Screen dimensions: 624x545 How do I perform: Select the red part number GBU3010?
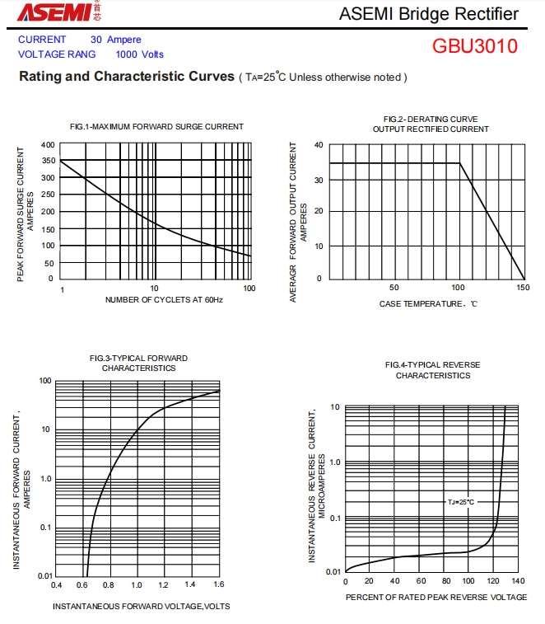[475, 46]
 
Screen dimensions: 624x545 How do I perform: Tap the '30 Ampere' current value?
[115, 40]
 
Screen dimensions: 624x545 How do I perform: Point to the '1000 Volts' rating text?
[139, 54]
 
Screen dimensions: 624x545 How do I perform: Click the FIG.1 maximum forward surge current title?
[156, 126]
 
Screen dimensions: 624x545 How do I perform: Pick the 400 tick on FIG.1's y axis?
[48, 145]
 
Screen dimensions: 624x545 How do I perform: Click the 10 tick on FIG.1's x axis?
[154, 289]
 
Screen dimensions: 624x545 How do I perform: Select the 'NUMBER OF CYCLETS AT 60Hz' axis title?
[164, 300]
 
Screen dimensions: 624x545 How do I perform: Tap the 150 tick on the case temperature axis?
[523, 288]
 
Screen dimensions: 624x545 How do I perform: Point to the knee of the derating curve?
[459, 163]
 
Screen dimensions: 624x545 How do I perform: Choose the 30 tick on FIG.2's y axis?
[318, 180]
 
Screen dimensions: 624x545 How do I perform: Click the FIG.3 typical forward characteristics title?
[138, 363]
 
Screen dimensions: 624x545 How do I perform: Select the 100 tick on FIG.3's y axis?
[45, 381]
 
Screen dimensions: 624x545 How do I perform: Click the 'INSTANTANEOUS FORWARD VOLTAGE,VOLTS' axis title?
[141, 607]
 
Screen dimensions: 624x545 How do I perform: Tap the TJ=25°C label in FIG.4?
[461, 502]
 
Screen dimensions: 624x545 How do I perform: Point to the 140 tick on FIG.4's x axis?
[518, 581]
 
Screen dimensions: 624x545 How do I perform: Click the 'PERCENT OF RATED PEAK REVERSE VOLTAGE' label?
[436, 597]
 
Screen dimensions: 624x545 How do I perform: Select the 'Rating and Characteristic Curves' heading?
[126, 77]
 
